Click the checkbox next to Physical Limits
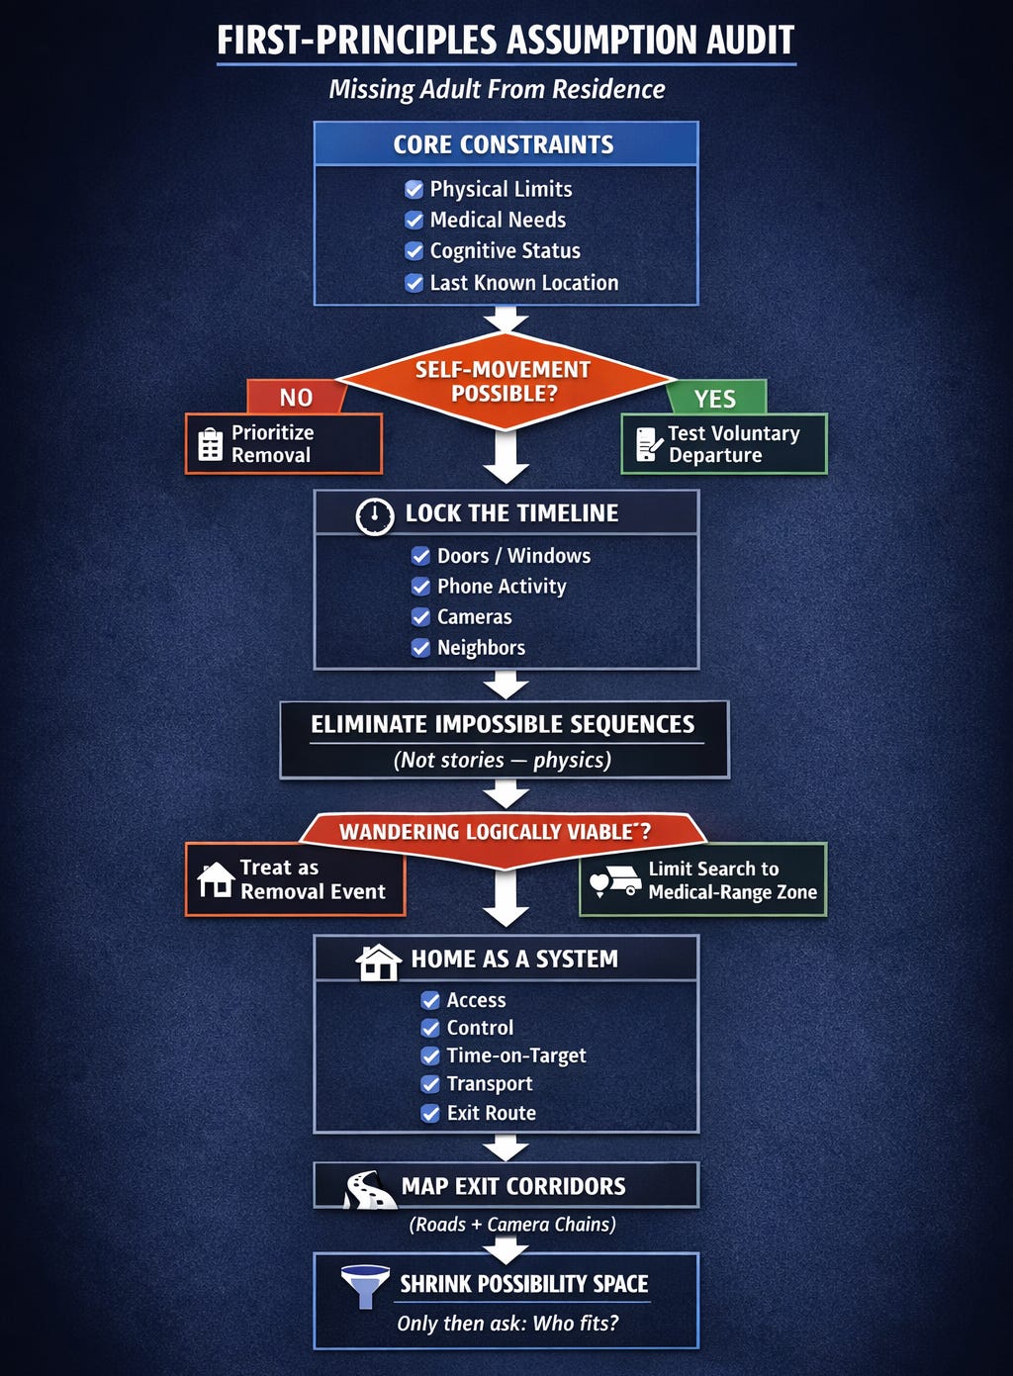pos(414,189)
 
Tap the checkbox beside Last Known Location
pos(414,283)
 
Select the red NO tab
pos(296,398)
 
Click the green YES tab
pos(714,399)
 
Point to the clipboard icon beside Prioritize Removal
pos(211,444)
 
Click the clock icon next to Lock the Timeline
pos(375,515)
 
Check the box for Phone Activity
pos(421,587)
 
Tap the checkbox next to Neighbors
pos(421,648)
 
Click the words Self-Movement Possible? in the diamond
pos(504,382)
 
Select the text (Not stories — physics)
pos(503,761)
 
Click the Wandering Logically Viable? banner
pos(496,832)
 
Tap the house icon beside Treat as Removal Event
pos(216,879)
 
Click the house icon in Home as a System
pos(377,962)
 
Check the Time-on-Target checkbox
pos(430,1056)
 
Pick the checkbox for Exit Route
pos(430,1114)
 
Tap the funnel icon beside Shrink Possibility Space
pos(364,1286)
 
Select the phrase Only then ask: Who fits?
pos(507,1324)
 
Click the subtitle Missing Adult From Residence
pos(497,90)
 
